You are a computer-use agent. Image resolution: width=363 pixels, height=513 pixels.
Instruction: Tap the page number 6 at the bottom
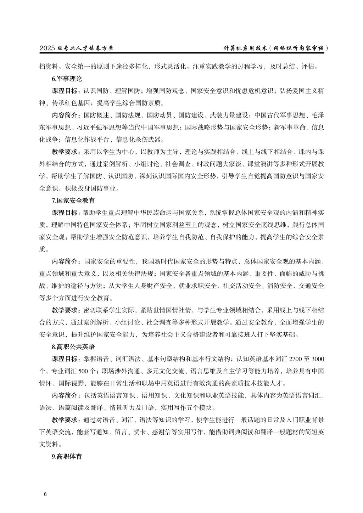tap(45, 494)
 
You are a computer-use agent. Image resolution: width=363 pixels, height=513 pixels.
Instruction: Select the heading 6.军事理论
tap(67, 79)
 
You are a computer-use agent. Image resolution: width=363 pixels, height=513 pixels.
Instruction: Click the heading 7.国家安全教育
tap(73, 201)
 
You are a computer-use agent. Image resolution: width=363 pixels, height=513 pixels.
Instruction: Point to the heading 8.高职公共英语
tap(73, 346)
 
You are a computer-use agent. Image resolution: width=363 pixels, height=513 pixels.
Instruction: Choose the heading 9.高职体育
tap(67, 456)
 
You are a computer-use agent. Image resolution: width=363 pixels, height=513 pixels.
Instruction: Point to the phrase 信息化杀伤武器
tap(138, 140)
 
